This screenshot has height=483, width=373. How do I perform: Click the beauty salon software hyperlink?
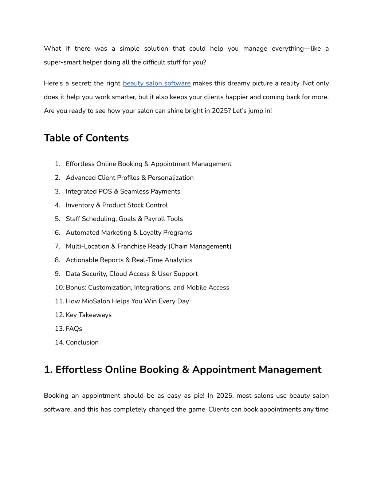(157, 83)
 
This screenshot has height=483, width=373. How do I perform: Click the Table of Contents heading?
(86, 138)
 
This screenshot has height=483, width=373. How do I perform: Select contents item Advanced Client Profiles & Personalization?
(130, 178)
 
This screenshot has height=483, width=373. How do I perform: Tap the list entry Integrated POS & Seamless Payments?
(123, 191)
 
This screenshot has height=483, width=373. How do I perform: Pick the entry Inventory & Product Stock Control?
(117, 205)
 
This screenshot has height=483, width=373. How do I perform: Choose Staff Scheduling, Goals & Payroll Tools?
(124, 219)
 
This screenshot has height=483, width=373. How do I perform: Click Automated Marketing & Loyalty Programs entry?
(129, 233)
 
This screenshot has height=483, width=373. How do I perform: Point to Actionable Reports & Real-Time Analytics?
(129, 260)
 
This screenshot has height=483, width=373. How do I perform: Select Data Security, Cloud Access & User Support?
(131, 274)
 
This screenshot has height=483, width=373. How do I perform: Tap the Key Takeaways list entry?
(89, 315)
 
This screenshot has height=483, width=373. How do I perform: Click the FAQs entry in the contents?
(74, 329)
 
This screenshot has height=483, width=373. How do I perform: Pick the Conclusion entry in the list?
(82, 342)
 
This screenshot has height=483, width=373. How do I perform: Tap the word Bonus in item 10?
(76, 288)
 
